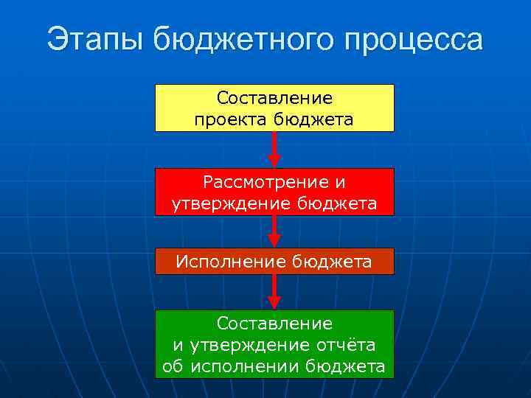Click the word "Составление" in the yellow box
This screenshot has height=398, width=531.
click(274, 98)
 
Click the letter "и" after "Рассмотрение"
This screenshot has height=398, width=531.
click(339, 182)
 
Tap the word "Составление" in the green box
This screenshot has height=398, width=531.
click(274, 324)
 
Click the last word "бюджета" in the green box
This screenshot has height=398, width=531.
click(345, 366)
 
